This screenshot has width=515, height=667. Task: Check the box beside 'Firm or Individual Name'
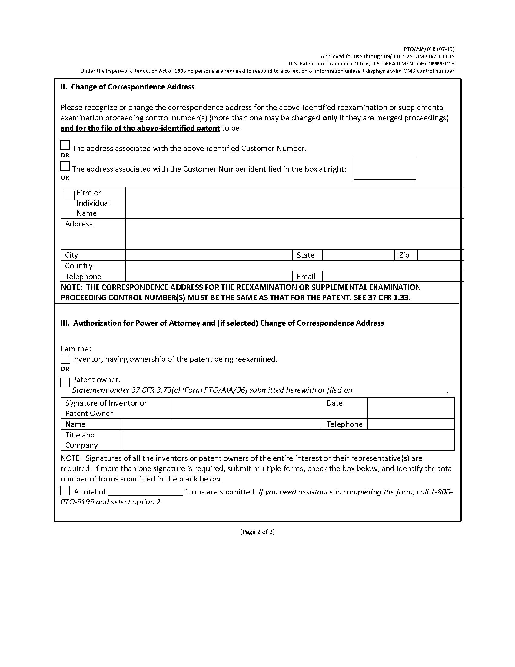[70, 196]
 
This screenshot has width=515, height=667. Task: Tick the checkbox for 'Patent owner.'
[65, 382]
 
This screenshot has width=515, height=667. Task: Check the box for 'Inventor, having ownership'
[65, 359]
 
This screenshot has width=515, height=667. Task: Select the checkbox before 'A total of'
[65, 491]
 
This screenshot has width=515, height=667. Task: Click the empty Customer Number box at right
[384, 168]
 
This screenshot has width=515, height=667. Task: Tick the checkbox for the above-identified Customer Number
[65, 145]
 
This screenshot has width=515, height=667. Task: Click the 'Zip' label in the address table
[404, 255]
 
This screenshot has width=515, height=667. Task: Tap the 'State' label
[305, 255]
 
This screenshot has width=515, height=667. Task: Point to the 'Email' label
[306, 277]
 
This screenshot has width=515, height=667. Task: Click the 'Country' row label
[79, 266]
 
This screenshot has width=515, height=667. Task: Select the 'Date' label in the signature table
[334, 403]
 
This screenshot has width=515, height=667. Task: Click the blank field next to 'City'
[209, 255]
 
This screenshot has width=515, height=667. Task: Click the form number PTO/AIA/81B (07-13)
[429, 49]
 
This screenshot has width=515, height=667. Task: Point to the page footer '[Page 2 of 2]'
[257, 532]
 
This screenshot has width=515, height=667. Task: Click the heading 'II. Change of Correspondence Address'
[128, 87]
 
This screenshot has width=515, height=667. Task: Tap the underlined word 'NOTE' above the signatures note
[70, 458]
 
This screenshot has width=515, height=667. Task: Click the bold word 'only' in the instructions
[330, 118]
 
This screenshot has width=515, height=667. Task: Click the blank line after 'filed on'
[400, 390]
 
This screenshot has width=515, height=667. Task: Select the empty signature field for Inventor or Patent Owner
[246, 408]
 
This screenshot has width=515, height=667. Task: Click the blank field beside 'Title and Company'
[287, 440]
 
